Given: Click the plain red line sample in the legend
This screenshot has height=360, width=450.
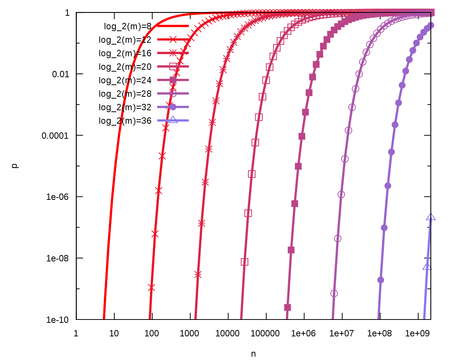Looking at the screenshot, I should tap(173, 26).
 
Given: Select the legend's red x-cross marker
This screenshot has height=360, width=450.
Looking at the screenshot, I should tap(173, 39).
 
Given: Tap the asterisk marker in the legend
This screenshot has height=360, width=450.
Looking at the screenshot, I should tap(173, 53).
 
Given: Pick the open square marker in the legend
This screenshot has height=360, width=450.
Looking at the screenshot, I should tap(173, 66).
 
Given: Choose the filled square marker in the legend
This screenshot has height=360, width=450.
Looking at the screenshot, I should tap(173, 80).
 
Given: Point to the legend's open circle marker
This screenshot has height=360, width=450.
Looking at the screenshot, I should tap(173, 93).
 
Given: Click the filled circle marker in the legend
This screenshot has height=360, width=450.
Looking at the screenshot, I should tap(173, 107).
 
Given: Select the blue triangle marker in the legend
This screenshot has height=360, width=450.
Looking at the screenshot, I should tap(173, 120).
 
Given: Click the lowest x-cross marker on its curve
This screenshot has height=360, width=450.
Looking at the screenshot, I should tap(151, 288).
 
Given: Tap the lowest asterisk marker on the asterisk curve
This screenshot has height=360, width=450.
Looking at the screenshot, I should tap(198, 274).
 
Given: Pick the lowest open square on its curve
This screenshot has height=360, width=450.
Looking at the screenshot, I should tap(244, 262).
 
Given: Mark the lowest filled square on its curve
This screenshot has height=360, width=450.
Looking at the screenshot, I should tap(287, 307).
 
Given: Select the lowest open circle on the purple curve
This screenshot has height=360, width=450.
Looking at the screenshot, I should tap(334, 293).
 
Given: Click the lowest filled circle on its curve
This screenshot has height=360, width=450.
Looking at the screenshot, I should tap(381, 280).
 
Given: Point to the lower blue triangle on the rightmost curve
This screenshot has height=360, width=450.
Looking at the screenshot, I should tap(427, 267).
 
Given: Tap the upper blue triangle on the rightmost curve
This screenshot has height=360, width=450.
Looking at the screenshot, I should tap(431, 217).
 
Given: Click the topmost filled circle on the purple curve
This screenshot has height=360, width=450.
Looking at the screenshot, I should tap(431, 25).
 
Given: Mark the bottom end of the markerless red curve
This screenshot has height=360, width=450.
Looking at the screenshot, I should tap(104, 318).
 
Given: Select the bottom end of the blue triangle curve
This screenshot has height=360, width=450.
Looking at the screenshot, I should tap(424, 318).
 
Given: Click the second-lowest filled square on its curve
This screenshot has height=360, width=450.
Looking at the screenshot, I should tap(291, 250).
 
